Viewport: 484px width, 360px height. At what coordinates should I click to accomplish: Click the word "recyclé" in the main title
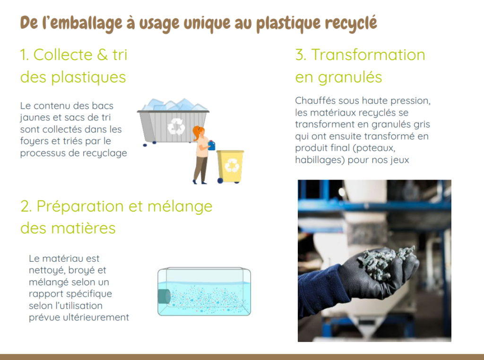point(351,23)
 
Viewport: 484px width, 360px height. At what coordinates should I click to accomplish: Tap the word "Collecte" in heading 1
point(63,55)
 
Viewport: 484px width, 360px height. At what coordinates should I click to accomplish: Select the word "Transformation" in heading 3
point(368,55)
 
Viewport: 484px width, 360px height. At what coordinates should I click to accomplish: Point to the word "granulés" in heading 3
point(350,77)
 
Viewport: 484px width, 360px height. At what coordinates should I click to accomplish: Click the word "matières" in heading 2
point(83,228)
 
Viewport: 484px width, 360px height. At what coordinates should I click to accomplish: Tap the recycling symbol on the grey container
point(176,126)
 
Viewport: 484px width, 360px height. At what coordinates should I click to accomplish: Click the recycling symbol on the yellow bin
point(232,165)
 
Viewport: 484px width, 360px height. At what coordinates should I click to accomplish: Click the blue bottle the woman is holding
point(211,146)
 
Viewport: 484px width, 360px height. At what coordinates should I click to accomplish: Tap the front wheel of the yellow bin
point(220,180)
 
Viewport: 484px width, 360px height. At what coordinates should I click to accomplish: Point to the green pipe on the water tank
point(164,296)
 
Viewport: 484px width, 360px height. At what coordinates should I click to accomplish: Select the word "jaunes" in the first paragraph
point(34,118)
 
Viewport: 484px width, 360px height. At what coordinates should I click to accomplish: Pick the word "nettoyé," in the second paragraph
point(47,271)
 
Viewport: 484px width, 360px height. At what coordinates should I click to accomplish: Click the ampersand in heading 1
point(102,55)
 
